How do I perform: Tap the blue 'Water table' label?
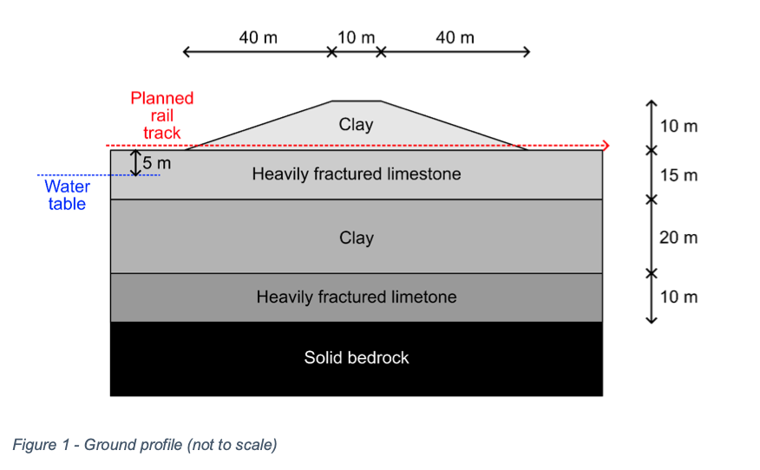[x=67, y=195]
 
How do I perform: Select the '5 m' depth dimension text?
[x=158, y=161]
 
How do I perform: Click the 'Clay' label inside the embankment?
[x=356, y=125]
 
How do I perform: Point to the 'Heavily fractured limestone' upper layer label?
[x=356, y=174]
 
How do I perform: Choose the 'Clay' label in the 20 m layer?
[x=356, y=238]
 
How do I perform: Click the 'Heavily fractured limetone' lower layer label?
[x=356, y=297]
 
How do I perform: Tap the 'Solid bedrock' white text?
[x=356, y=357]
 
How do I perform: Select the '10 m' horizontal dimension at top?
[x=356, y=38]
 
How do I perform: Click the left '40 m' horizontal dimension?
[x=258, y=38]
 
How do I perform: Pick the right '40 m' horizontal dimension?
[x=455, y=38]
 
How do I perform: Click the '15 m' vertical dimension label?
[x=678, y=175]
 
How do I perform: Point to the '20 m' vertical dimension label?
[x=678, y=238]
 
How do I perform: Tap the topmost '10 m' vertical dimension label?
[x=678, y=127]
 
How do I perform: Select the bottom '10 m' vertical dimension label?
[x=678, y=297]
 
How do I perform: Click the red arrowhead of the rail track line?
[x=606, y=146]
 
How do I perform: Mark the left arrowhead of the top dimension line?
[x=187, y=52]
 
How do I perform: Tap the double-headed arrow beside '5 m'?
[x=135, y=162]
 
